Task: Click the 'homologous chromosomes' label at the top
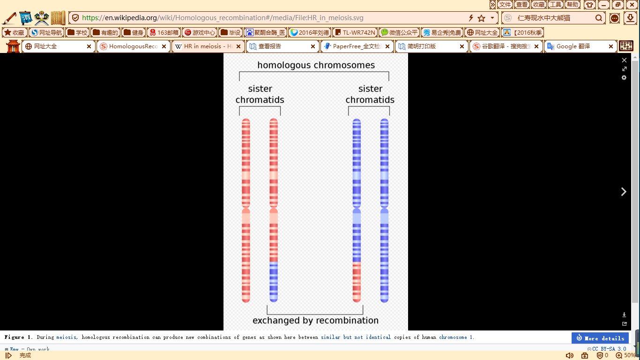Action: coord(316,65)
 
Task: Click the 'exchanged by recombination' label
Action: coord(315,321)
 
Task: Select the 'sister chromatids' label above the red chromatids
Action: coord(260,94)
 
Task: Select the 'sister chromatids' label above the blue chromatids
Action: coord(370,94)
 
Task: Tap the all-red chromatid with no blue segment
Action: coord(246,211)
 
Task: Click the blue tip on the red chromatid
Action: coord(274,282)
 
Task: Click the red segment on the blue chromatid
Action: coord(357,282)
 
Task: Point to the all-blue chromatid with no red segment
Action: coord(384,211)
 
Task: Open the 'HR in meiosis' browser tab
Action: coord(204,46)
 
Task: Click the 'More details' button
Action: coord(600,338)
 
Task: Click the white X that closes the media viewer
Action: coord(624,60)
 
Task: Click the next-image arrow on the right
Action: coord(624,192)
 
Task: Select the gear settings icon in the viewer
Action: coord(624,78)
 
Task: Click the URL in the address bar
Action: coord(223,18)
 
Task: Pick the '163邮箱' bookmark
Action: coord(164,32)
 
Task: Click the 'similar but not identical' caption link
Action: coord(356,337)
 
